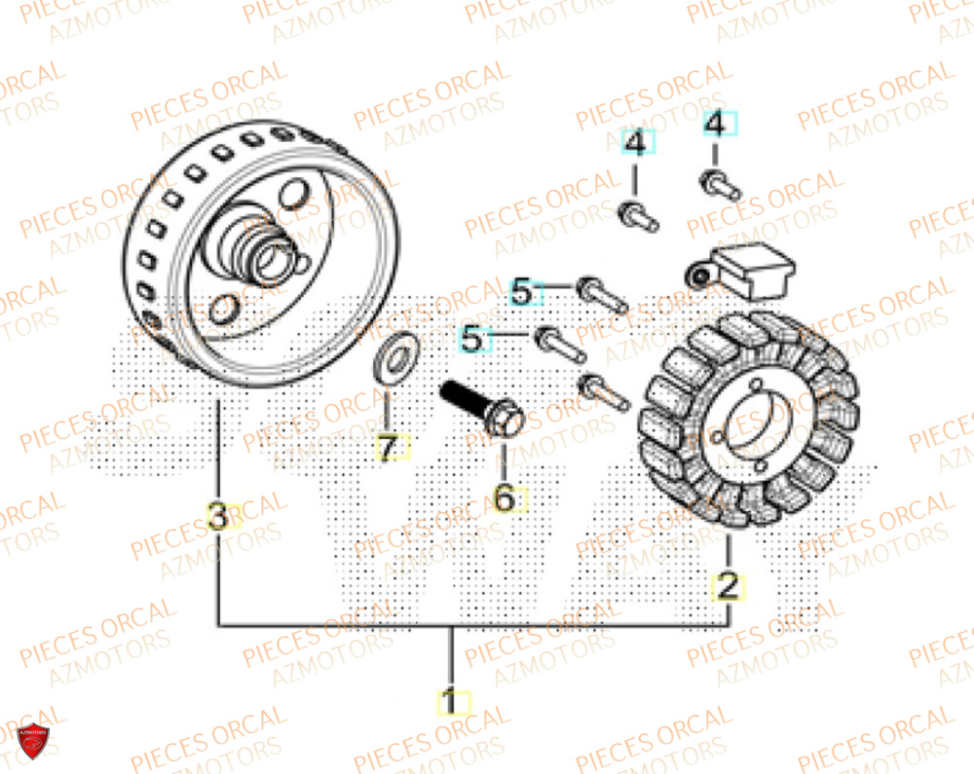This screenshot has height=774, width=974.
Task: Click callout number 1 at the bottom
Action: [451, 702]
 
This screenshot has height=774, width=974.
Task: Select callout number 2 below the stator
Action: [728, 586]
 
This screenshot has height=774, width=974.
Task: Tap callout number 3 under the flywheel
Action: [219, 517]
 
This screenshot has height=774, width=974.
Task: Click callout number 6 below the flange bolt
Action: [505, 498]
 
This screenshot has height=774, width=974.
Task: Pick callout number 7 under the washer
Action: [390, 449]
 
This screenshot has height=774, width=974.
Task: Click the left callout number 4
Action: [635, 145]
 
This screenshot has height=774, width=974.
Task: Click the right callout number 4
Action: [715, 126]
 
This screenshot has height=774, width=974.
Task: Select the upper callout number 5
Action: [524, 291]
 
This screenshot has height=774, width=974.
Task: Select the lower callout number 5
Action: [472, 340]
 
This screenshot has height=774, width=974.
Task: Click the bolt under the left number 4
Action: [639, 215]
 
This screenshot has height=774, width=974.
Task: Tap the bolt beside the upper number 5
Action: [600, 295]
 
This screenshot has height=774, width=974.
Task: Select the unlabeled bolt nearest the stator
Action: [603, 390]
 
